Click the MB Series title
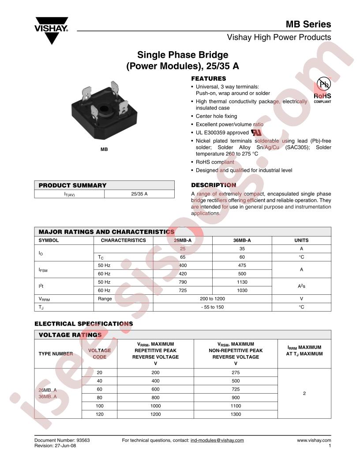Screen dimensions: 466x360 click(x=308, y=24)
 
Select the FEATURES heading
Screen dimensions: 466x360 click(x=208, y=79)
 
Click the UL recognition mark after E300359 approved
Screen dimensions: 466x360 click(x=256, y=132)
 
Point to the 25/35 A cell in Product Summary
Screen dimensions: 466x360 click(x=139, y=194)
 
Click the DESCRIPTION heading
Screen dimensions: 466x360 click(x=213, y=185)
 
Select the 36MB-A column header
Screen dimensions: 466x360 click(x=242, y=241)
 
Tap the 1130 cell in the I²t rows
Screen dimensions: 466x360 click(x=242, y=282)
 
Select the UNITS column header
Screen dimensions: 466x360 click(x=301, y=241)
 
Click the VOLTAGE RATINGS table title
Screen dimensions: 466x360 click(x=70, y=335)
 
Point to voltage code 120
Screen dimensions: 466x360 click(x=99, y=414)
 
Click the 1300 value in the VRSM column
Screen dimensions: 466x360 click(x=236, y=414)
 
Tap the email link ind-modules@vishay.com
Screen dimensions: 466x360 click(x=217, y=440)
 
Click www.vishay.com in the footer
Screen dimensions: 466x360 click(x=314, y=440)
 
